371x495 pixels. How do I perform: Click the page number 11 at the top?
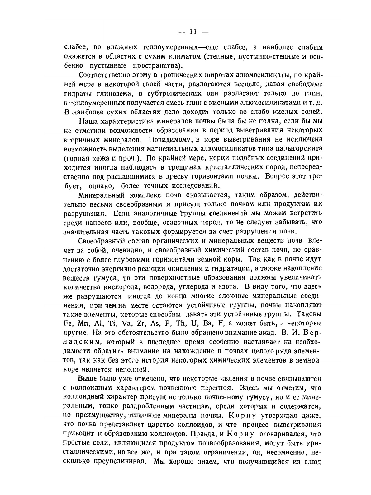pyautogui.click(x=193, y=31)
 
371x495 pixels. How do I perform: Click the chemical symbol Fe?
pyautogui.click(x=68, y=323)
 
